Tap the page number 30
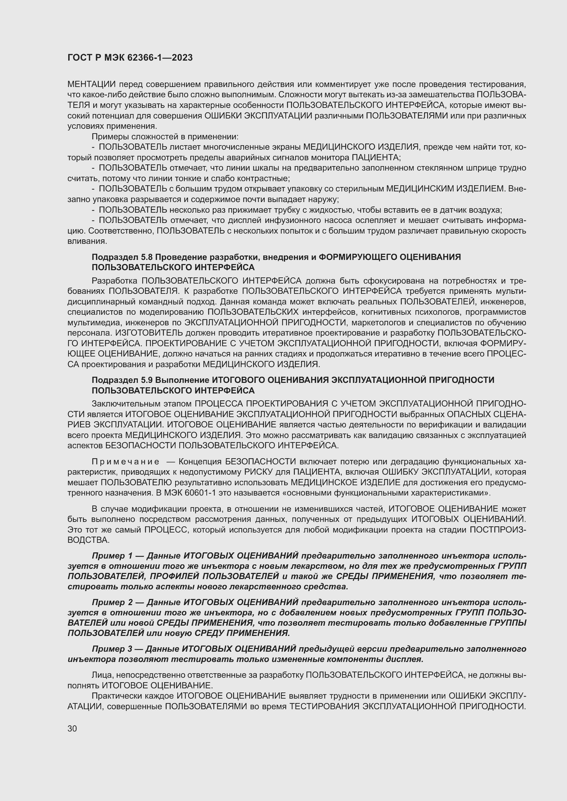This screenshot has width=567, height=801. (72, 728)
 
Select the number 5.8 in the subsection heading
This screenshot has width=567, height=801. (147, 257)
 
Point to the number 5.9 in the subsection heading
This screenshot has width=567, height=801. (147, 380)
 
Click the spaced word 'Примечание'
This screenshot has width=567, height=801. (125, 462)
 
